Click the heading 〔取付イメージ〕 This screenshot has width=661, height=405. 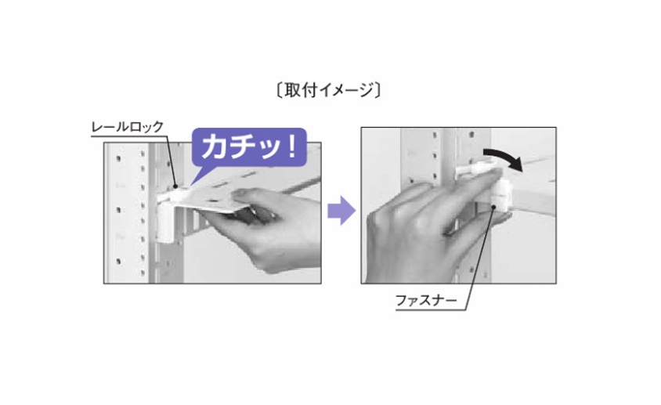click(x=328, y=90)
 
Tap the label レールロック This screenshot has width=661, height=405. click(x=128, y=127)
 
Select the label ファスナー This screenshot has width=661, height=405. click(x=426, y=301)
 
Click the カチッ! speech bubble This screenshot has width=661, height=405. click(x=249, y=147)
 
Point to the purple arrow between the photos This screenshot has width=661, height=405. click(x=341, y=210)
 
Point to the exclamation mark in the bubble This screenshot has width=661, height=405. click(x=291, y=146)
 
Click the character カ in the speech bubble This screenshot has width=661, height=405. click(x=216, y=146)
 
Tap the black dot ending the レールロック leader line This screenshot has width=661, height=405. click(x=175, y=185)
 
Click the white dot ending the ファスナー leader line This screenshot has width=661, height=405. click(x=493, y=207)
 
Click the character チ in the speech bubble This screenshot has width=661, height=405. click(x=244, y=146)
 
